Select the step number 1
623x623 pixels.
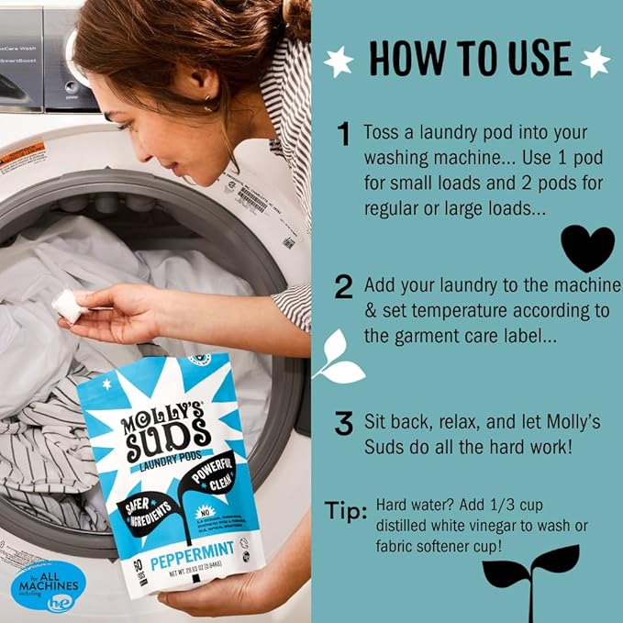[343, 136]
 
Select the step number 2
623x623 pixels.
[343, 287]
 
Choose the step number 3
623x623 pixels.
[343, 423]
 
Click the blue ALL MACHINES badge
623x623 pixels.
[49, 584]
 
